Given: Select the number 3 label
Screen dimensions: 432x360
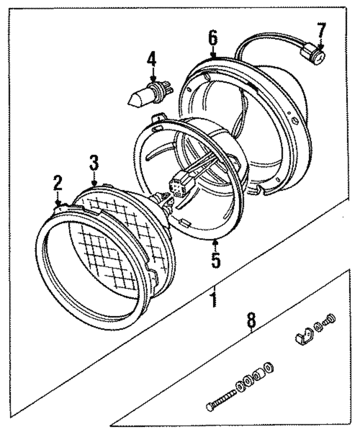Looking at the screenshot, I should click(94, 163).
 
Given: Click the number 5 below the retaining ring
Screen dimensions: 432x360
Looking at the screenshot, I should click(216, 260).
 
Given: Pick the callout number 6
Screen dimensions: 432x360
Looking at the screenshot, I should click(212, 38).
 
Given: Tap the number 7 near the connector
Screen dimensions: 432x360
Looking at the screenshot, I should click(321, 29).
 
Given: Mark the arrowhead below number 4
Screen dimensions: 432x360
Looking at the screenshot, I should click(151, 79).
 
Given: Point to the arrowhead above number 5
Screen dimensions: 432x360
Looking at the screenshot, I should click(216, 242).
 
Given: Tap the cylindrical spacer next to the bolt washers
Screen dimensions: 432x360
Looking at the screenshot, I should click(258, 375).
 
